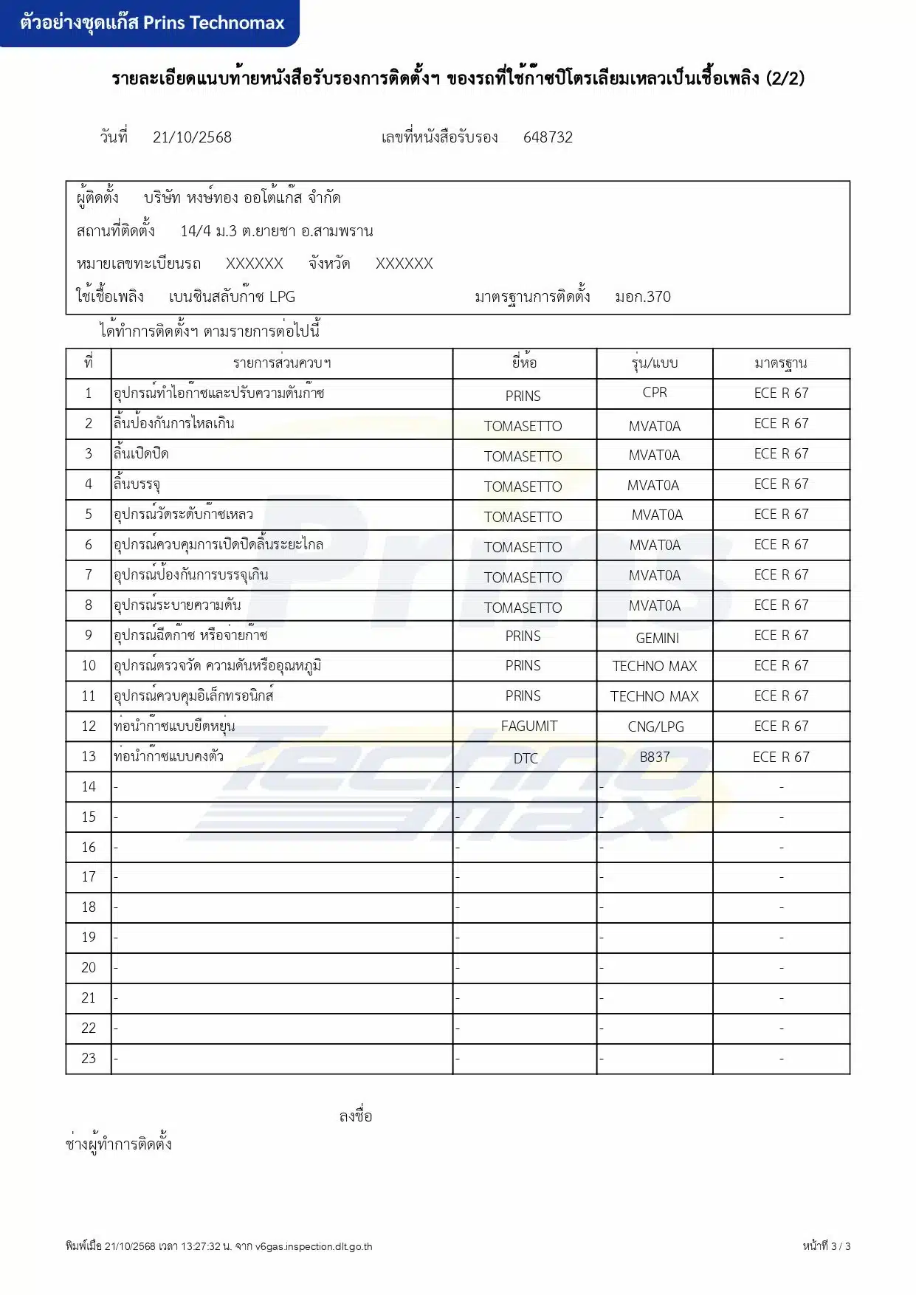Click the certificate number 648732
point(548,137)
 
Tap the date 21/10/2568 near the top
point(192,137)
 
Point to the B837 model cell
point(655,758)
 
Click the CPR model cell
point(655,393)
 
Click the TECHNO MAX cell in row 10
point(655,667)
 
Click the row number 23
point(89,1059)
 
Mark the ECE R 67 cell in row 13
point(781,758)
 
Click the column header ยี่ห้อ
point(524,363)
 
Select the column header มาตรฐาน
point(781,363)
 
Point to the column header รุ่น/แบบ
point(655,363)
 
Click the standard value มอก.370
point(642,297)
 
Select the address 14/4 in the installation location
point(195,231)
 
